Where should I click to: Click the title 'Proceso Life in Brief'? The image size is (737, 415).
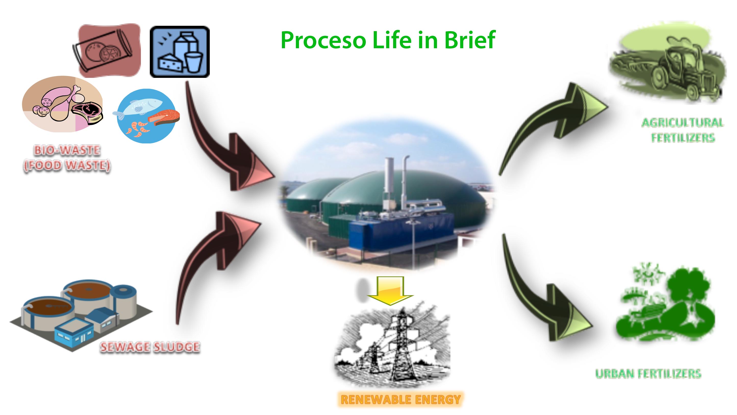click(x=388, y=40)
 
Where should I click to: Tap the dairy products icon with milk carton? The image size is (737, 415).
click(x=180, y=52)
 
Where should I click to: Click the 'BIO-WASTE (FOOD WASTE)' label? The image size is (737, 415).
click(x=67, y=158)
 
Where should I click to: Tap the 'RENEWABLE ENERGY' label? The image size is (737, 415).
click(x=401, y=399)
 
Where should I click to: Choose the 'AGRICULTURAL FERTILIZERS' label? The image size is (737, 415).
click(x=683, y=130)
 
